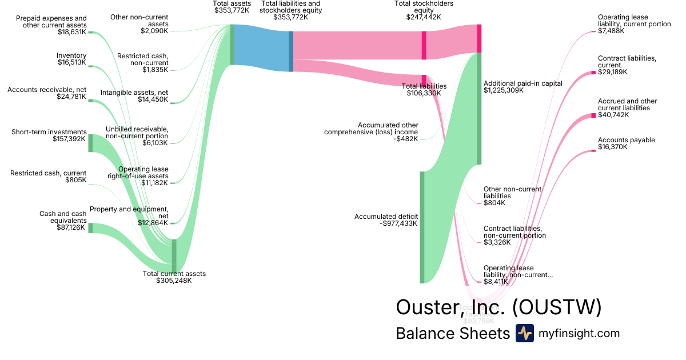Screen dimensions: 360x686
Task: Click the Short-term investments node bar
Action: [90, 143]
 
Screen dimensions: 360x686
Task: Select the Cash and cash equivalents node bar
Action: [90, 228]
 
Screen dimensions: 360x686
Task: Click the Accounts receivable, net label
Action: [46, 90]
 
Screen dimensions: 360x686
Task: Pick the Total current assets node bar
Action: [174, 256]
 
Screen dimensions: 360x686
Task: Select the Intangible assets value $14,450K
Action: [153, 100]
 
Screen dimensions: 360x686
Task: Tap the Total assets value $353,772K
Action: [232, 10]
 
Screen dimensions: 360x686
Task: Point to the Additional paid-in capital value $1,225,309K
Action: [503, 90]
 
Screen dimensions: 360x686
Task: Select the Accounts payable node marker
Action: [593, 151]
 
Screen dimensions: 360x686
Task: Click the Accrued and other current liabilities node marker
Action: [593, 116]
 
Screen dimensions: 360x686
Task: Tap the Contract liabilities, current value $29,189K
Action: [613, 73]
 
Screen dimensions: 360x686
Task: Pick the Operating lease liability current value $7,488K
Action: [611, 31]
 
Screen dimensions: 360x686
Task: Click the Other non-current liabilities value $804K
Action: [494, 203]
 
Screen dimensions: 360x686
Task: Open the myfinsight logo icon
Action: [524, 333]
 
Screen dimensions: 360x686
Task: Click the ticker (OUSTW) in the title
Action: [557, 307]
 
